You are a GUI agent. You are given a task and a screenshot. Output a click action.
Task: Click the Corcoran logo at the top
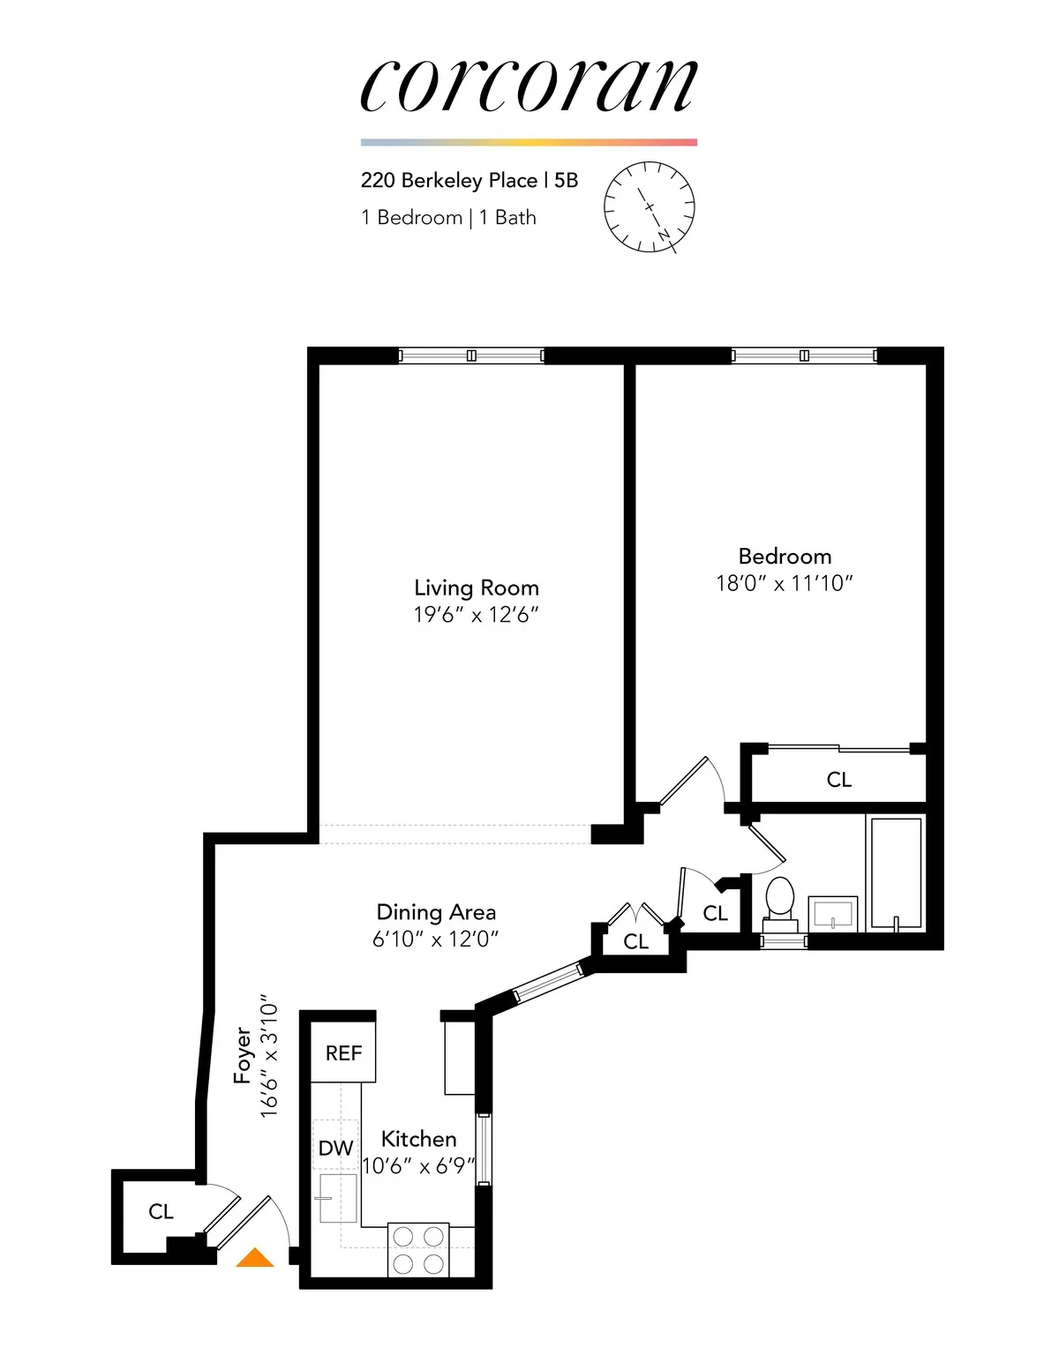[x=529, y=86]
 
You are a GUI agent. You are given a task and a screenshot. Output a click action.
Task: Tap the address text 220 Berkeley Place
[x=449, y=180]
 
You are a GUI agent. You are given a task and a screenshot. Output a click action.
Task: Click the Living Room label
[x=476, y=588]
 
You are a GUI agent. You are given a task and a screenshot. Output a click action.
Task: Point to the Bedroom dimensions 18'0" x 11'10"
[x=785, y=583]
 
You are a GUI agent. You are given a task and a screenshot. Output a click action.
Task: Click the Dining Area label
[x=436, y=912]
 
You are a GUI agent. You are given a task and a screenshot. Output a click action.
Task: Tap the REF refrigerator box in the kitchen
[x=343, y=1052]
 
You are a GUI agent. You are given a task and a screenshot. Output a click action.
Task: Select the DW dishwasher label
[x=335, y=1148]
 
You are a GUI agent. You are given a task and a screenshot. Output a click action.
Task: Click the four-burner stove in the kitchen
[x=418, y=1249]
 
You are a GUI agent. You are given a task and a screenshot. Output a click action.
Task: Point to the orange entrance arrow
[x=255, y=1258]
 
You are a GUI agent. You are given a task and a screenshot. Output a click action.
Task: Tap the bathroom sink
[x=834, y=914]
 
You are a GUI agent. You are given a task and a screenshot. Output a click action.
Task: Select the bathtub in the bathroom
[x=896, y=873]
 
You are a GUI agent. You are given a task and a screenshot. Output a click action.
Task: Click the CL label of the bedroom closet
[x=838, y=779]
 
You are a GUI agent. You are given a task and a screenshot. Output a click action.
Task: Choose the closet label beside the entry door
[x=161, y=1211]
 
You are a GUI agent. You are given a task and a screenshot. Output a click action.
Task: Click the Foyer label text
[x=243, y=1055]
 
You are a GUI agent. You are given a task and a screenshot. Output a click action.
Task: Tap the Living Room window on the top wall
[x=471, y=356]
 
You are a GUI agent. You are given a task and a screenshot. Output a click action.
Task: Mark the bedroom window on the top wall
[x=804, y=356]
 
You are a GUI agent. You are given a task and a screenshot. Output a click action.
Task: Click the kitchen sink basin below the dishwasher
[x=337, y=1198]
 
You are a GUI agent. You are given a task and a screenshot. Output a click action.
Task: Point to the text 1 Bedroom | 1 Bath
[x=448, y=218]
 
